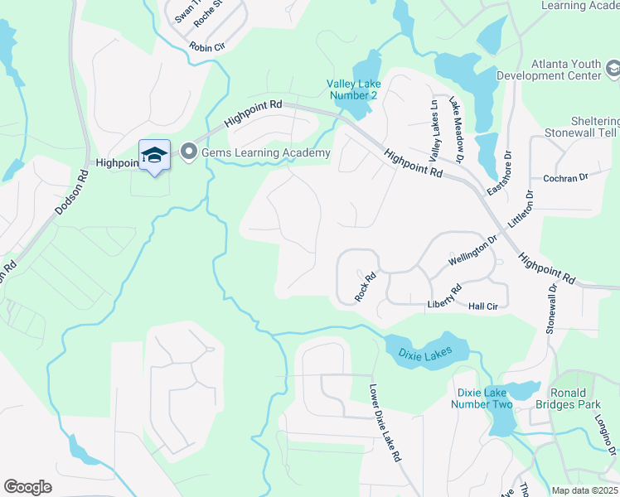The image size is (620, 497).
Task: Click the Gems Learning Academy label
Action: tap(264, 152)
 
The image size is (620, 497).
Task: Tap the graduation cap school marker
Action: tap(154, 155)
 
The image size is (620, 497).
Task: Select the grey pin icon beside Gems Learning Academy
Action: tap(188, 152)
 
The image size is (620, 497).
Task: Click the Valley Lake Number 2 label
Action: tap(351, 89)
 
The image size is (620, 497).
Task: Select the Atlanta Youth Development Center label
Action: tap(548, 70)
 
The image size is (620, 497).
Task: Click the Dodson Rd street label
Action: tap(71, 193)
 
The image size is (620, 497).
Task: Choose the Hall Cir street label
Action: tap(482, 306)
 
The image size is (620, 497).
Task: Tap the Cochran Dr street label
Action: tap(564, 177)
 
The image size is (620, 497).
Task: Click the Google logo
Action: tap(27, 487)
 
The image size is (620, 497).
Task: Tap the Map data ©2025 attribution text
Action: tap(584, 490)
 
